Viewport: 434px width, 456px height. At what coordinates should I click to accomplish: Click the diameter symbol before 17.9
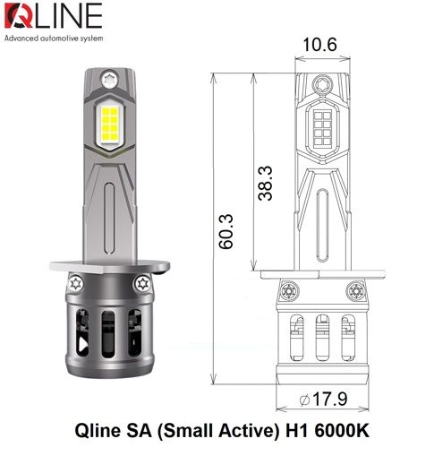[x=307, y=398]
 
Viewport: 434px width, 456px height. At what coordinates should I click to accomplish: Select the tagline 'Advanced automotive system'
[x=54, y=40]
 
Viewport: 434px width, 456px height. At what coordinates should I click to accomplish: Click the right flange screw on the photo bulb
[x=143, y=284]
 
